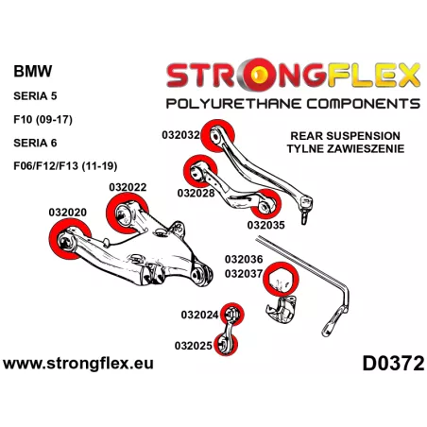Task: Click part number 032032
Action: [180, 135]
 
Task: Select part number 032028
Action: [196, 193]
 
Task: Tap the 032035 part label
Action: [265, 225]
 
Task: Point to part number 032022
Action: [128, 187]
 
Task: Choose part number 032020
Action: [68, 213]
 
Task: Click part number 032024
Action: [199, 315]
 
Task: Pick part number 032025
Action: [194, 346]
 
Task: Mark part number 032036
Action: [244, 259]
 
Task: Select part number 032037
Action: [244, 274]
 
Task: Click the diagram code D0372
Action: [393, 364]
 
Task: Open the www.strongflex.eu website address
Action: [78, 364]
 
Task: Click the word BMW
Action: [33, 71]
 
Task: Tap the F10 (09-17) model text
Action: [43, 120]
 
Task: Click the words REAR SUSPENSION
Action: [345, 136]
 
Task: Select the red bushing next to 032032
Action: [217, 136]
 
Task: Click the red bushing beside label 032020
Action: [69, 239]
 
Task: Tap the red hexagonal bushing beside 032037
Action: [281, 279]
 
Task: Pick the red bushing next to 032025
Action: [226, 344]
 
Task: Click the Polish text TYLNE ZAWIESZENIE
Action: [346, 148]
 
